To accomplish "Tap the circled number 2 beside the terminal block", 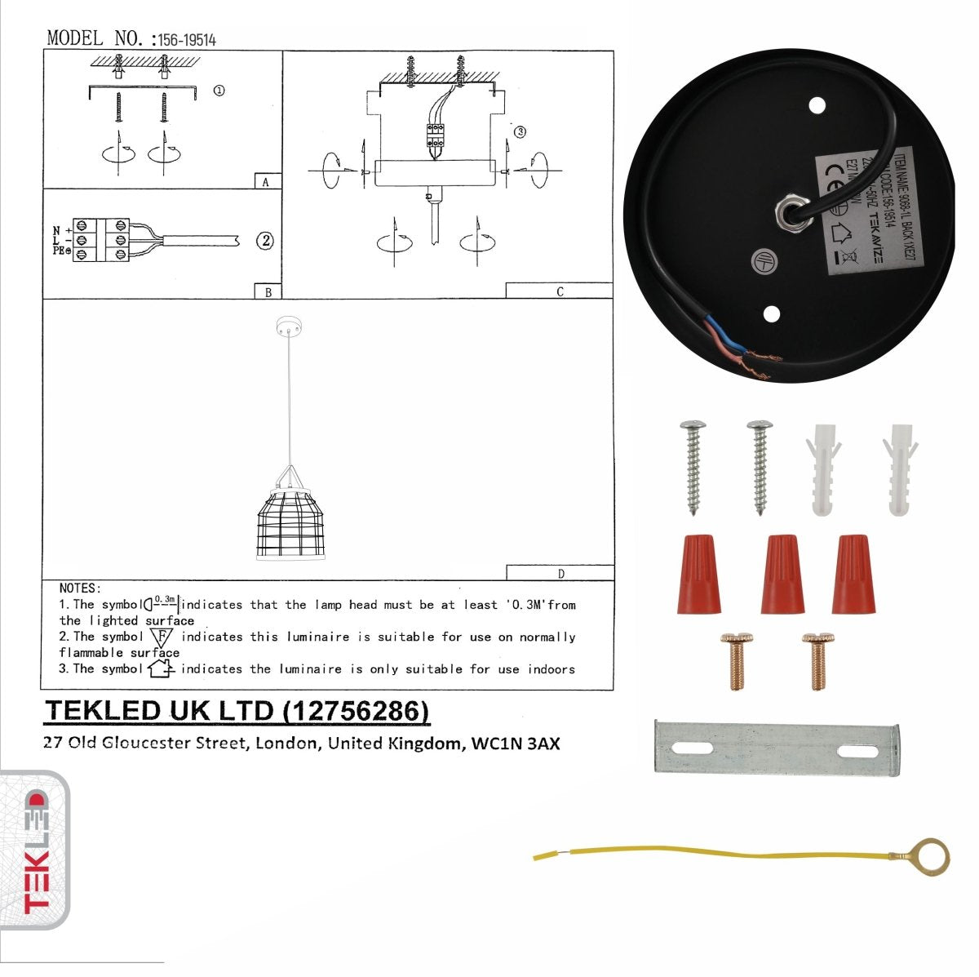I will pyautogui.click(x=264, y=241).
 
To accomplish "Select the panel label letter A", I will pyautogui.click(x=266, y=183).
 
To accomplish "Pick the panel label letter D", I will pyautogui.click(x=560, y=574).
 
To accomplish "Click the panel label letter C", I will pyautogui.click(x=560, y=291).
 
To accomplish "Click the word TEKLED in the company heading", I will pyautogui.click(x=103, y=711).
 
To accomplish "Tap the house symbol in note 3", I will pyautogui.click(x=161, y=669).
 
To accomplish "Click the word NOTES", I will pyautogui.click(x=80, y=588).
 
